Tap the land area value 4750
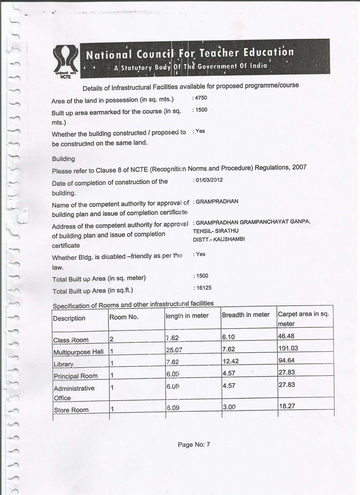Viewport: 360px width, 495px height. [201, 98]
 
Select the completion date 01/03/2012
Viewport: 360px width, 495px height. [209, 180]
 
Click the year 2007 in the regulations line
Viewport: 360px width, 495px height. [300, 167]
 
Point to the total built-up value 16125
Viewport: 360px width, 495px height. [204, 288]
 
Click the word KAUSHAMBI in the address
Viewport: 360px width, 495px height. [229, 239]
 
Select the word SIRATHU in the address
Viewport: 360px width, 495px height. [226, 231]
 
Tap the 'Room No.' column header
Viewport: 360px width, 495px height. [124, 317]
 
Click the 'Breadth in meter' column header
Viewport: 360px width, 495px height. [246, 315]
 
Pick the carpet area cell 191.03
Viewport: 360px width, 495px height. [288, 348]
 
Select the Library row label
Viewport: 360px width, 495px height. [63, 364]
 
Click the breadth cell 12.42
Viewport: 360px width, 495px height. [230, 361]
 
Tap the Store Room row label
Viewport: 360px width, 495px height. [71, 410]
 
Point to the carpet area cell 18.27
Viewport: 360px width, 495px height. [287, 406]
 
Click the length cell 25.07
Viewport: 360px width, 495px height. [174, 350]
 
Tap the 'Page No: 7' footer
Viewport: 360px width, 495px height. [194, 445]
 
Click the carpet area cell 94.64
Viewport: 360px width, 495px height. [287, 360]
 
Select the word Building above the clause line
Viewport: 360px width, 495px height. [63, 159]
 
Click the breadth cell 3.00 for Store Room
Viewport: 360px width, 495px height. [229, 407]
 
